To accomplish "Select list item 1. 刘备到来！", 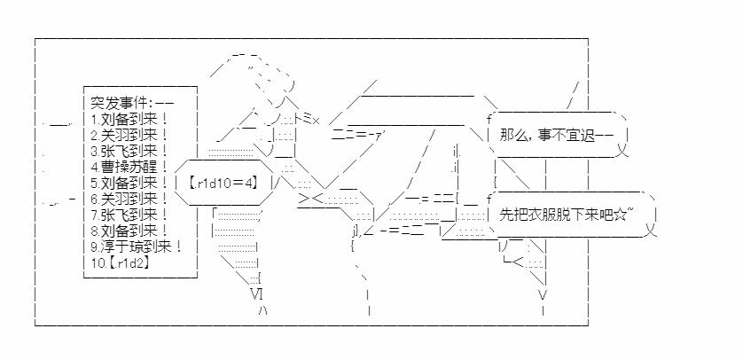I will pos(129,118).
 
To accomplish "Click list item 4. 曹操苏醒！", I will pos(129,166).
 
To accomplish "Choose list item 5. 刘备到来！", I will pos(129,183).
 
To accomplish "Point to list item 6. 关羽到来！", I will pos(129,199).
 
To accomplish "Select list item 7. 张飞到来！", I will pos(129,215).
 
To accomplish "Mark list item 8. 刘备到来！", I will pos(129,231).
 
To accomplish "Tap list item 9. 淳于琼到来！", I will pos(135,247).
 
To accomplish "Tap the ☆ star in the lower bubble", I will pos(624,214).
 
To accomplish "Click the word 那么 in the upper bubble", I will pos(512,136).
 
